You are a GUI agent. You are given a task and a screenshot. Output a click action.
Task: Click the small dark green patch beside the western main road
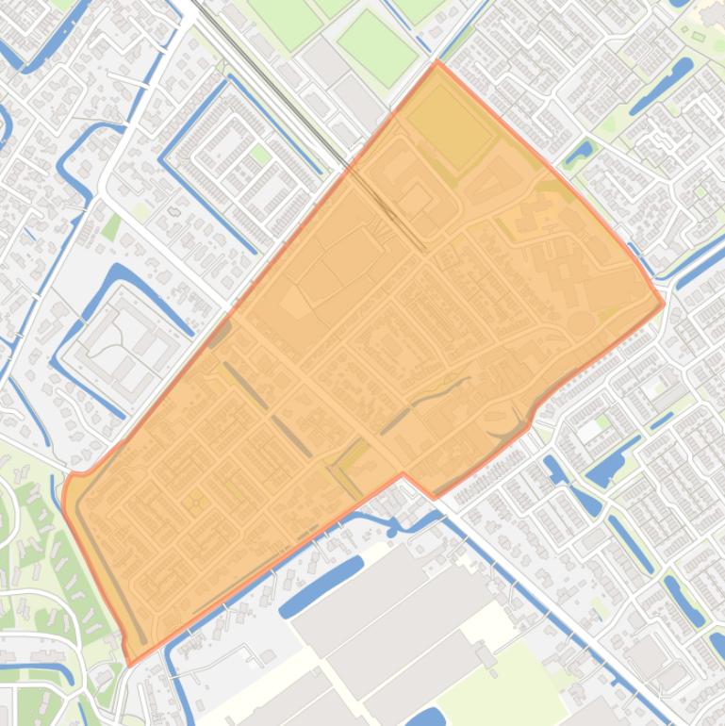[111, 227]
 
